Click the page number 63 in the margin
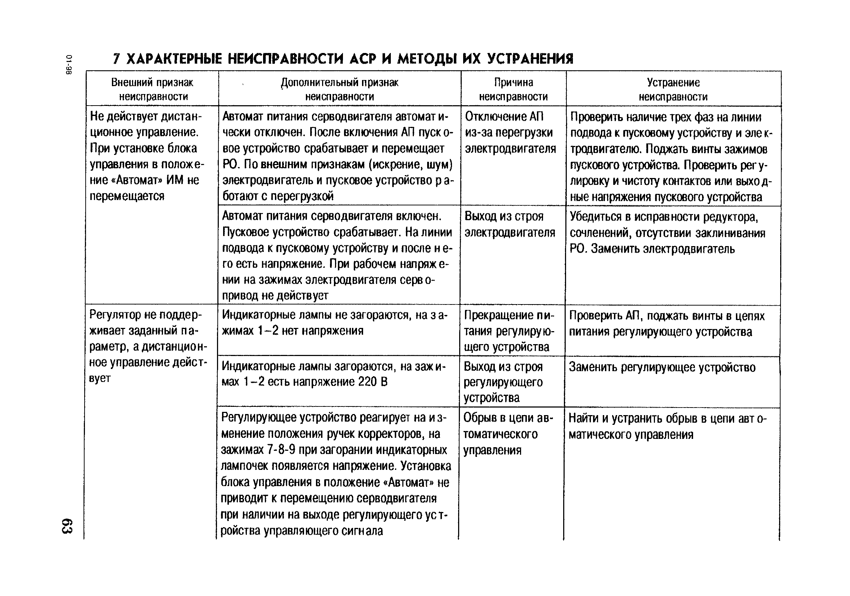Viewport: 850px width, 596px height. [67, 526]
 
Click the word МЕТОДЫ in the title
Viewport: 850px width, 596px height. [426, 59]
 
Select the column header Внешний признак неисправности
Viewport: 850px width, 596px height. [153, 89]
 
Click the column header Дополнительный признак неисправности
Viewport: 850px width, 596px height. [339, 89]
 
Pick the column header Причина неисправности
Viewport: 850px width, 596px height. [513, 89]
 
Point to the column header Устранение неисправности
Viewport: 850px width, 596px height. [673, 89]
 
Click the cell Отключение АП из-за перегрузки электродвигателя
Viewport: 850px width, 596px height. [510, 133]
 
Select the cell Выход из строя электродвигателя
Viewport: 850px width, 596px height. [510, 224]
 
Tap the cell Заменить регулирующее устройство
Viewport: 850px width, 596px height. [662, 367]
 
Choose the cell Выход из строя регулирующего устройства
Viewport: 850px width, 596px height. [503, 382]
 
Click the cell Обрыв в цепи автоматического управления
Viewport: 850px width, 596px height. [507, 434]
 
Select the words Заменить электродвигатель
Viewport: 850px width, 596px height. [663, 249]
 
